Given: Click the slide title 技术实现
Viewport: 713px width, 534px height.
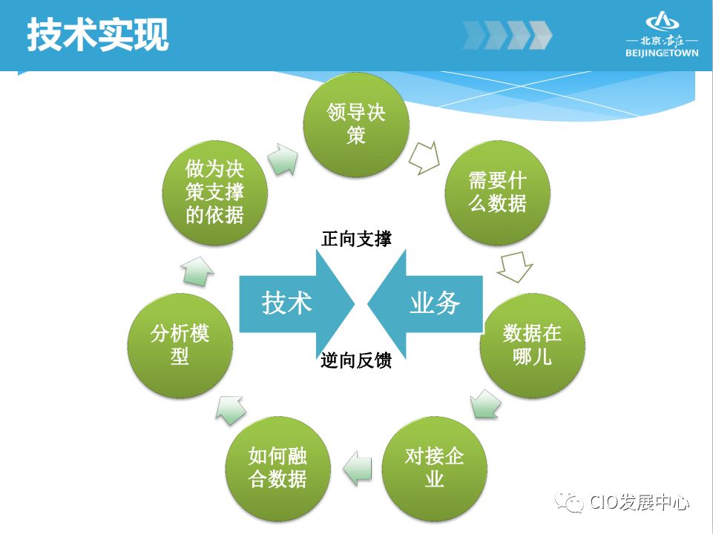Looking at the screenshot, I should pos(97,35).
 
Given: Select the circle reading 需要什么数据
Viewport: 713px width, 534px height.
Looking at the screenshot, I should pos(498,192).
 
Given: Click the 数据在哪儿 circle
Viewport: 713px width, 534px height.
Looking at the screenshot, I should pos(532,345).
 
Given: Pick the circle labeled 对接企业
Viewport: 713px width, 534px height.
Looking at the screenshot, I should pos(434,467).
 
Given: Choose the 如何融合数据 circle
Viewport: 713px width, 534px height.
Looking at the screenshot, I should pos(277,467).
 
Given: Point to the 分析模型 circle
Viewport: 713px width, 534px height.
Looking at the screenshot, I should pos(180,345).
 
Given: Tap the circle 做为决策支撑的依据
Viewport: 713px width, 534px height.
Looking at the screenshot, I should pos(214,192).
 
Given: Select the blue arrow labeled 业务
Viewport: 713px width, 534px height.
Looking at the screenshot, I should pos(427,303).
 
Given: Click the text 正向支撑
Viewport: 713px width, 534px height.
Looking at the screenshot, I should pos(356,239).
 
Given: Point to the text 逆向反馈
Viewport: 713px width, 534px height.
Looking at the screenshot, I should pos(356,361).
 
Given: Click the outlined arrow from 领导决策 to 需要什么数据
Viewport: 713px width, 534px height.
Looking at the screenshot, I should pos(425,156).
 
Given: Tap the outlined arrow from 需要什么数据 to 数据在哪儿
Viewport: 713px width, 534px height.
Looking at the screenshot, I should pos(515,267).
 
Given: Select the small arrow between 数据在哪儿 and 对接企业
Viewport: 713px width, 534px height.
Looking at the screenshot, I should pos(486,405).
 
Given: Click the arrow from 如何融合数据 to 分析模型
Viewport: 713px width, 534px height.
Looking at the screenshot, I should pos(231,408).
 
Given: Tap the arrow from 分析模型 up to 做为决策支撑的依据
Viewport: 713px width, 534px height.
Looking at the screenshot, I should pos(197,270).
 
